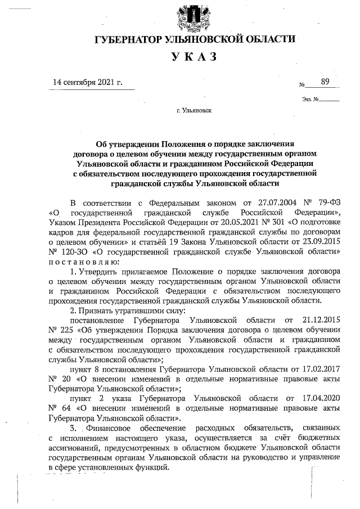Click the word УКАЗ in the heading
pyautogui.click(x=194, y=57)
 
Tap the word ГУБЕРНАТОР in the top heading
pyautogui.click(x=128, y=39)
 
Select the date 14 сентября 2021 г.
pyautogui.click(x=87, y=82)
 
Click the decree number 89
pyautogui.click(x=325, y=82)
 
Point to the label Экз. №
pyautogui.click(x=310, y=100)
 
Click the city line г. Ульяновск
pyautogui.click(x=194, y=110)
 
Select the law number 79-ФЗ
pyautogui.click(x=327, y=202)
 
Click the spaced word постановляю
pyautogui.click(x=84, y=264)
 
